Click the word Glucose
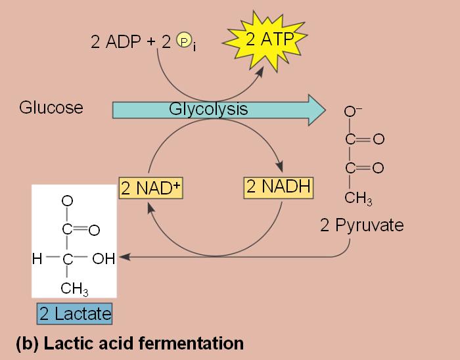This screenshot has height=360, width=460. tap(51, 108)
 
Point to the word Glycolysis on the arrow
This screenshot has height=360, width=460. tap(208, 109)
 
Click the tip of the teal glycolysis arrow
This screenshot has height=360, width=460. tap(324, 108)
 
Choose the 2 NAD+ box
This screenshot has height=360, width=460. tap(150, 189)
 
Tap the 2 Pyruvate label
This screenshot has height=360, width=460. tap(361, 226)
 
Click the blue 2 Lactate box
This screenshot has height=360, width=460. tap(74, 313)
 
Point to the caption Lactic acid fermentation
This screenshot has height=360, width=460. tap(129, 343)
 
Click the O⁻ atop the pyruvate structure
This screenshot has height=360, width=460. tap(351, 112)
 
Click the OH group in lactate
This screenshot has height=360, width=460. tap(104, 258)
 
